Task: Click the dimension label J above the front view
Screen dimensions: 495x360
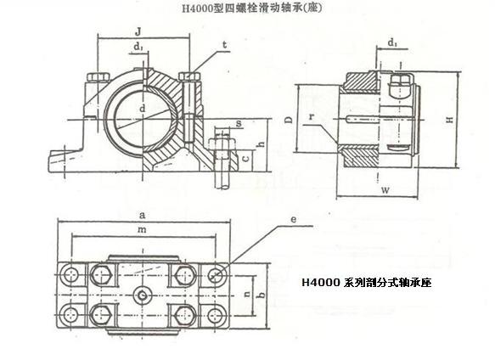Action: pos(138,32)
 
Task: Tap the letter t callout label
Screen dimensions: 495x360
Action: pos(224,45)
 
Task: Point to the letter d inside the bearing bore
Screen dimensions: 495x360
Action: pos(143,109)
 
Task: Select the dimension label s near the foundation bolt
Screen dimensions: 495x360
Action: pos(239,123)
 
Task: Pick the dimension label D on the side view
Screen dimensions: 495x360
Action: pos(290,119)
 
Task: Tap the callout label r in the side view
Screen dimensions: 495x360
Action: pos(312,117)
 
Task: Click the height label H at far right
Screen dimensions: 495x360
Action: pos(450,120)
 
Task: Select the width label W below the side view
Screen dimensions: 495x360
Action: pos(385,190)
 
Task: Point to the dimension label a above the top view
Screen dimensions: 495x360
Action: pos(143,216)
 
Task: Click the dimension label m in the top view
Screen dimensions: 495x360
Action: pos(142,229)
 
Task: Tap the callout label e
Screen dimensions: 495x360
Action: pos(293,219)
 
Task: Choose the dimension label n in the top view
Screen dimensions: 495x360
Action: pos(248,294)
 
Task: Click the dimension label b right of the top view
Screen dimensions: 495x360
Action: pos(262,295)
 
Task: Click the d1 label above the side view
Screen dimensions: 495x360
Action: pos(392,42)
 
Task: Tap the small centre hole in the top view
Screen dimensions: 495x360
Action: pos(143,295)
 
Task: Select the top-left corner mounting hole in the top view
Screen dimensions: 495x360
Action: pos(70,274)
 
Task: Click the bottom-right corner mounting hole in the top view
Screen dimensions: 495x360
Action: pos(216,315)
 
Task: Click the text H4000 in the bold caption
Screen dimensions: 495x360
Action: pos(321,282)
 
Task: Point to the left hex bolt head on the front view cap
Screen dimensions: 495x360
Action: pos(98,77)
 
